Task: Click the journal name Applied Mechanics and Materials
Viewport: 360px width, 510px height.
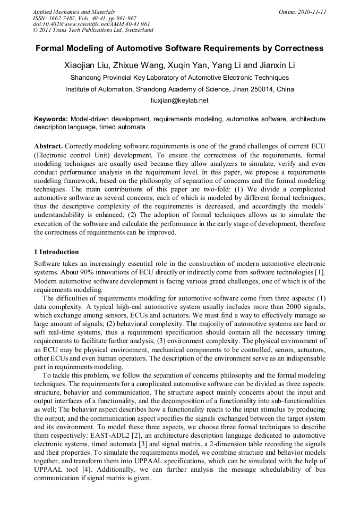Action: (x=73, y=11)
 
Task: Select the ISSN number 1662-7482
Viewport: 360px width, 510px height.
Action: (x=66, y=18)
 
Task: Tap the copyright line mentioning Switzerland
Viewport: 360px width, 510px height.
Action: (x=93, y=30)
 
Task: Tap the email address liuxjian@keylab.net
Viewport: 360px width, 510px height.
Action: (x=179, y=100)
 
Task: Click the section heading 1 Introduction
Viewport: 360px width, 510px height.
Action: (x=56, y=252)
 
